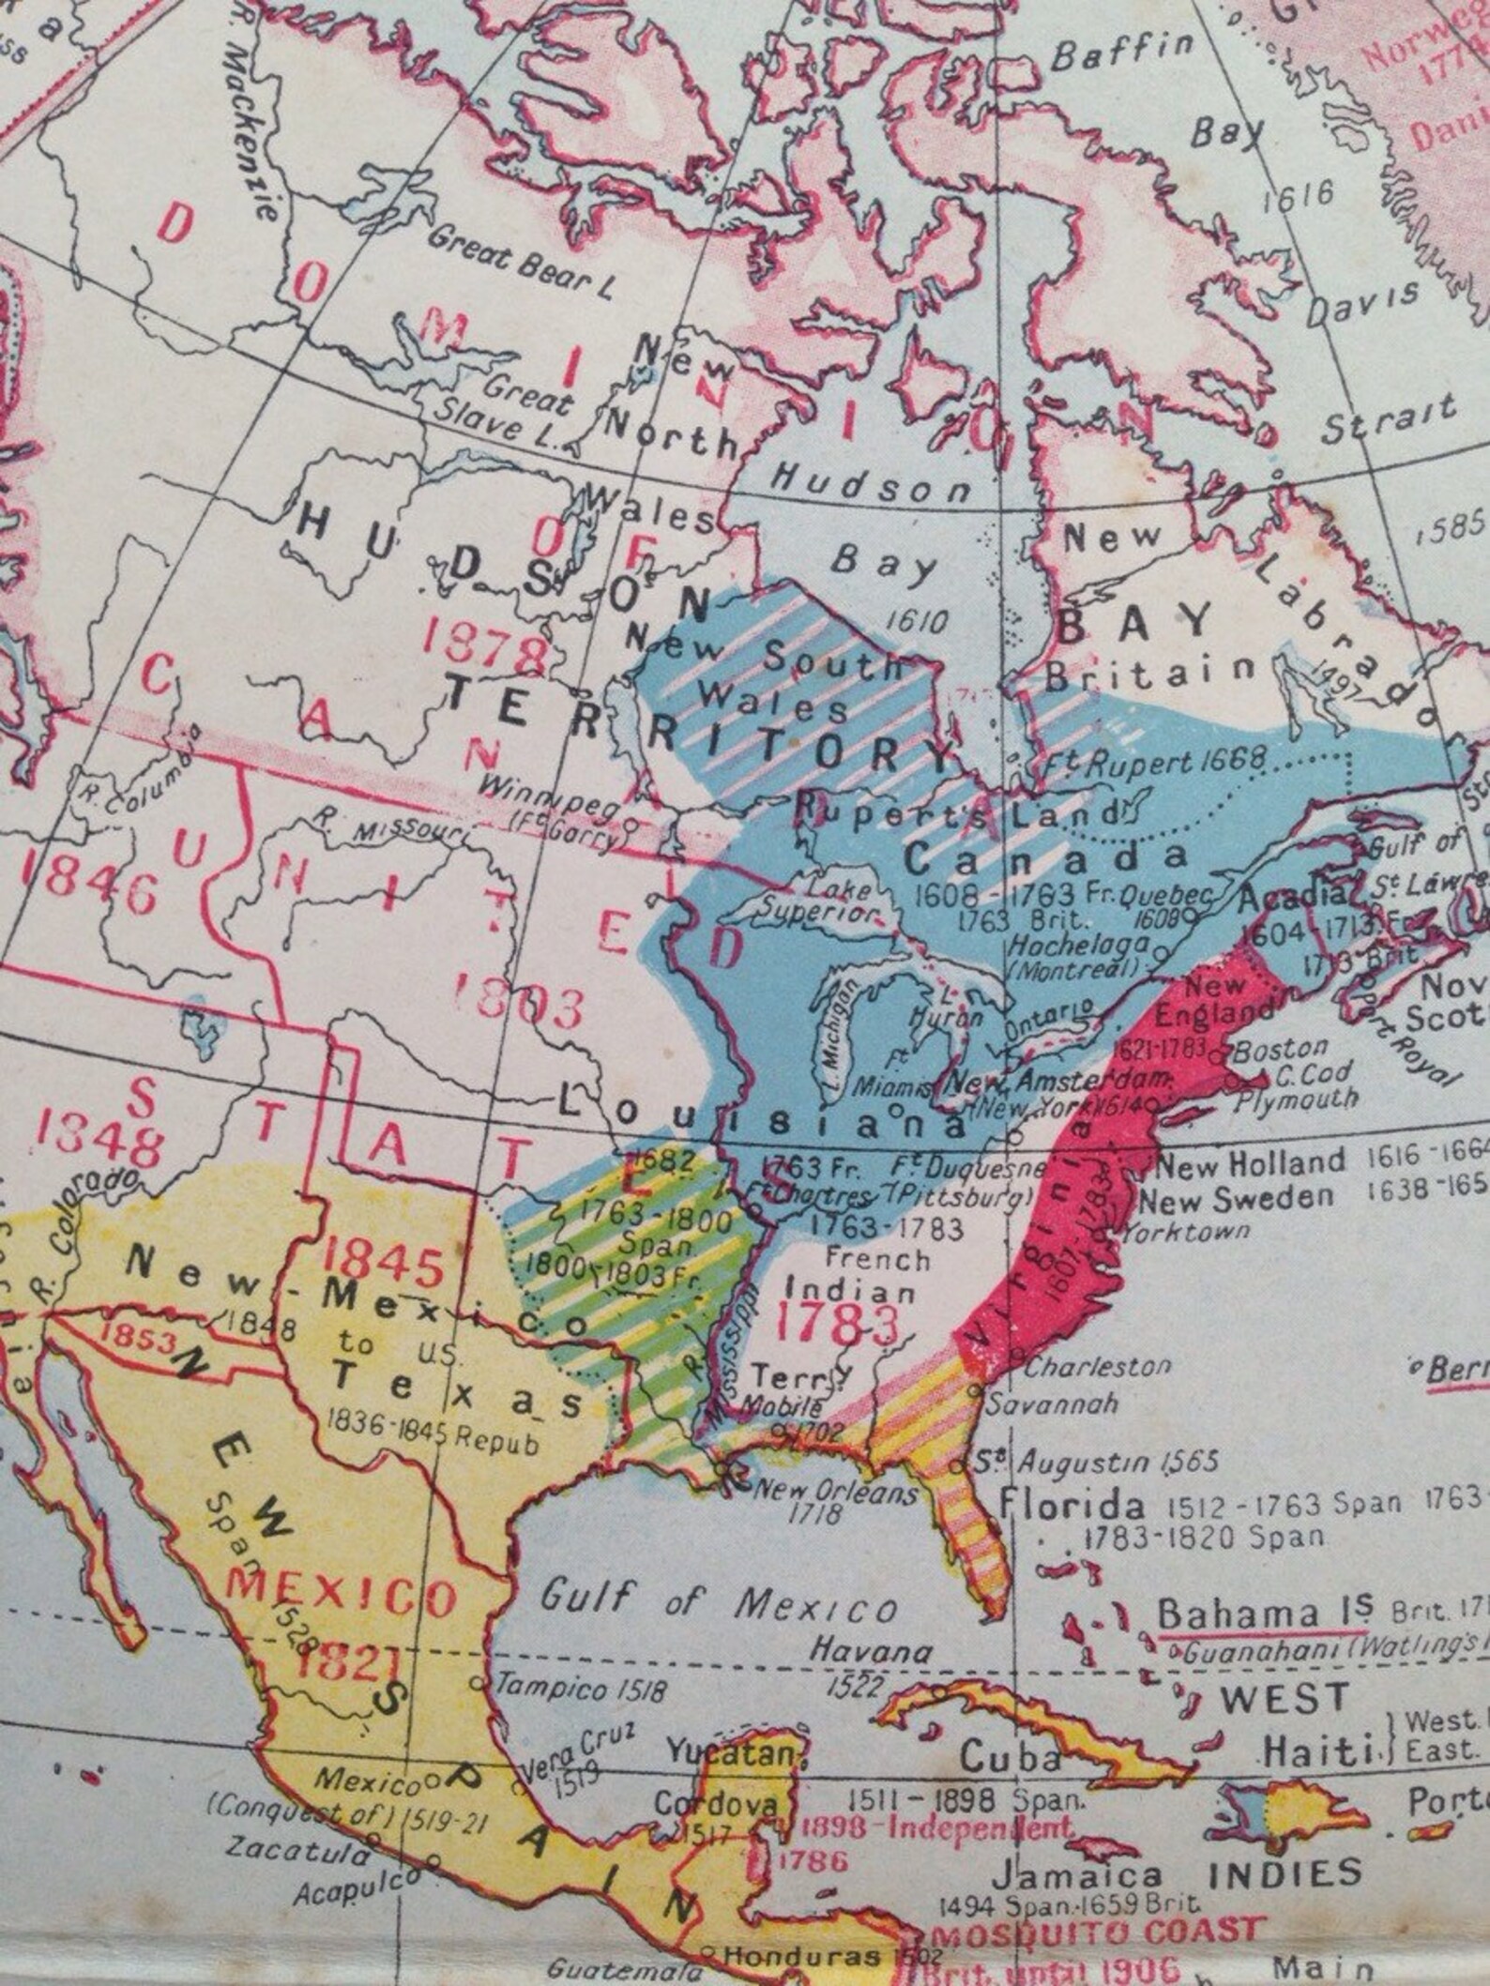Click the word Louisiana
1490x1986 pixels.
tap(761, 1114)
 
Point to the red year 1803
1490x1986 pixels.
tap(519, 1005)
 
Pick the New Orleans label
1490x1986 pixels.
tap(836, 1491)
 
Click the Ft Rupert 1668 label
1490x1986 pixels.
tap(1157, 763)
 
